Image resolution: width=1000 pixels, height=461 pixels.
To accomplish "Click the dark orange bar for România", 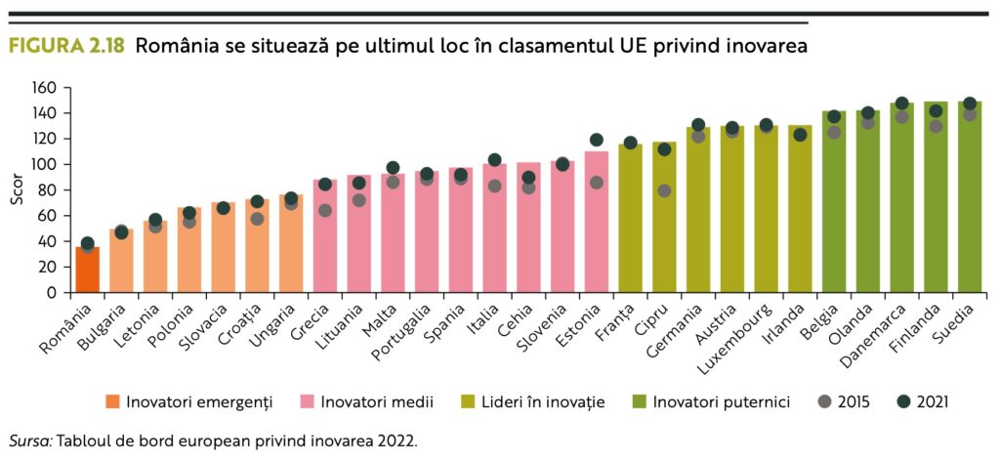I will click(87, 271).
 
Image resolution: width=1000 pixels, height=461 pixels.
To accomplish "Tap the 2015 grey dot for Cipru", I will click(664, 190).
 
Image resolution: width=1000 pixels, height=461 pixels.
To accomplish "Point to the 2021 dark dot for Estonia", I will click(597, 140).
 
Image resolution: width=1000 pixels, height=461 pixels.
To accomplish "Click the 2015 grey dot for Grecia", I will click(324, 210).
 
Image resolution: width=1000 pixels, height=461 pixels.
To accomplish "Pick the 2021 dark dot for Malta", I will click(393, 168).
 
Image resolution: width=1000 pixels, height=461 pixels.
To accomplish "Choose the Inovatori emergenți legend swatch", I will click(111, 401).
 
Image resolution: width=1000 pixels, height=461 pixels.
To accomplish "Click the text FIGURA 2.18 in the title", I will click(65, 46).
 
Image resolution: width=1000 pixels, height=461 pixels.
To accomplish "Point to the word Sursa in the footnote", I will click(29, 440).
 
